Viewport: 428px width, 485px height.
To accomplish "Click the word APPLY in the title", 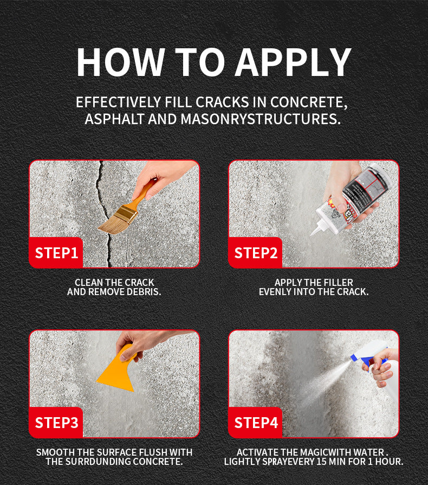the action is pyautogui.click(x=293, y=62).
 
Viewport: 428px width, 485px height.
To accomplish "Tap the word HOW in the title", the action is pyautogui.click(x=120, y=62).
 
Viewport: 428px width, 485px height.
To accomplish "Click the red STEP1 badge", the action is pyautogui.click(x=56, y=253).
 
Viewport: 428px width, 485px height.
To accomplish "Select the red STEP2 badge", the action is pyautogui.click(x=255, y=253).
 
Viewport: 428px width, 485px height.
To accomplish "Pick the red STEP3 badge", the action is pyautogui.click(x=56, y=423).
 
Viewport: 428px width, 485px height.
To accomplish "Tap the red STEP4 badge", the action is pyautogui.click(x=255, y=423).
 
